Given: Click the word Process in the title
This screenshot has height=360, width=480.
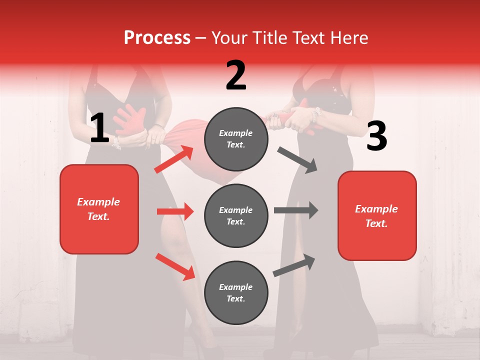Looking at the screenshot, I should (x=157, y=38).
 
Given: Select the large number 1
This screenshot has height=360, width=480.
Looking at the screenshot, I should (x=99, y=128).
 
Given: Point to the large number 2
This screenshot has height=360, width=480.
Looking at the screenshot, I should (x=236, y=75).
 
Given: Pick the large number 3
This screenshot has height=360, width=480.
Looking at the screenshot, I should (x=376, y=136).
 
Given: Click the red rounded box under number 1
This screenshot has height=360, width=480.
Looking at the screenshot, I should (x=99, y=209).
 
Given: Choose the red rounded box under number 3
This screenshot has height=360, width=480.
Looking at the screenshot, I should (x=377, y=215).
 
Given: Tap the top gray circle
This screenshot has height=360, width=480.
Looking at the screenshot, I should (x=236, y=139).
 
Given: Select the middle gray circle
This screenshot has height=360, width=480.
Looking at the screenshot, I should (x=236, y=215).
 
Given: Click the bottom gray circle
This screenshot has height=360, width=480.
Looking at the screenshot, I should (x=236, y=292).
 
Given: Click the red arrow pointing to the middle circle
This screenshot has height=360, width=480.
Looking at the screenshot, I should (x=175, y=211).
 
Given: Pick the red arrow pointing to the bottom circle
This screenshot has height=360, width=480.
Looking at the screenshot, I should (x=175, y=266).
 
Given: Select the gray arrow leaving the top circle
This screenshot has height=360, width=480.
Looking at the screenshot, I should (x=297, y=159).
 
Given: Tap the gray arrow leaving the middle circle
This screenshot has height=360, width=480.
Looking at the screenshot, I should (x=296, y=210).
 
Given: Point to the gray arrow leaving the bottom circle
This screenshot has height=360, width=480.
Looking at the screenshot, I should (x=294, y=265).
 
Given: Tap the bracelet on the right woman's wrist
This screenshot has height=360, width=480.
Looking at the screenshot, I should (x=315, y=115).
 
